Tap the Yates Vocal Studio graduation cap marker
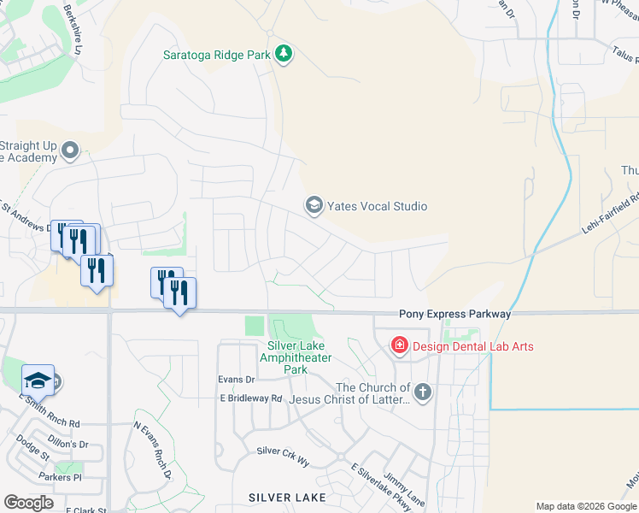tap(314, 205)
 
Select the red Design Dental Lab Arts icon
tap(399, 345)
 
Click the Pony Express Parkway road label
tap(454, 315)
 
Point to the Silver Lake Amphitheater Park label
tap(295, 358)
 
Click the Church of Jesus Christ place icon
tap(423, 392)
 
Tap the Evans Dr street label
tap(237, 380)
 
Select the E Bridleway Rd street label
tap(250, 398)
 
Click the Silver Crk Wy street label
tap(283, 451)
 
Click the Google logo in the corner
tap(28, 503)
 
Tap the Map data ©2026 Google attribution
tap(586, 507)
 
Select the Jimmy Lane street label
tap(403, 489)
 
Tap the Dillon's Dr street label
tap(67, 444)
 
